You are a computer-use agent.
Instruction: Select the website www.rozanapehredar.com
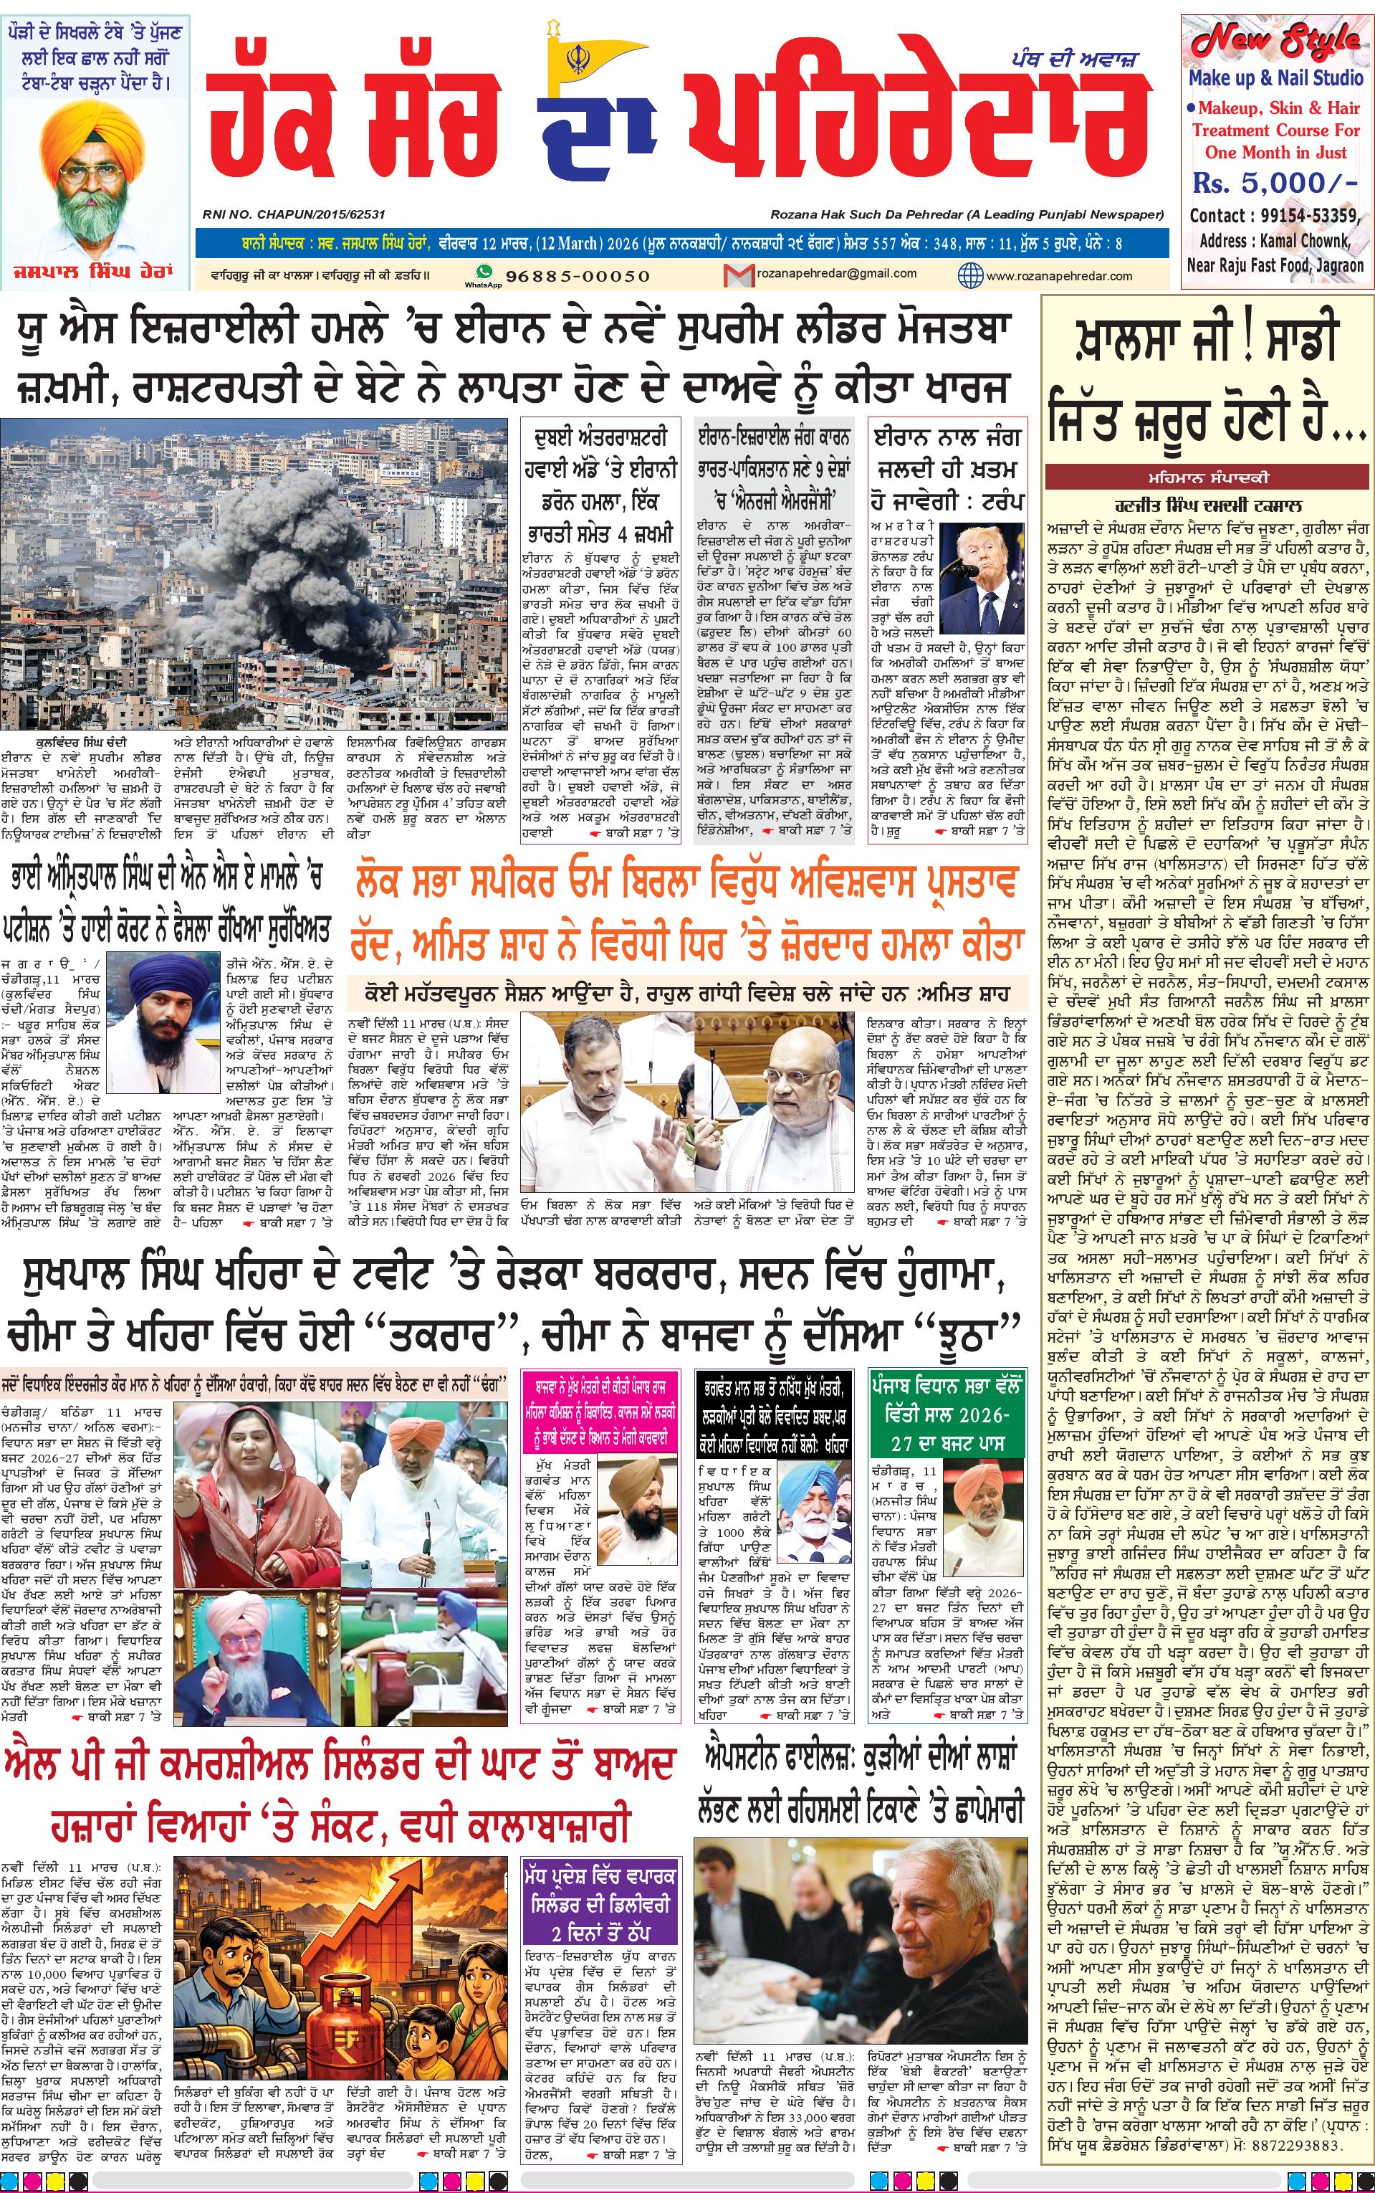(x=1058, y=275)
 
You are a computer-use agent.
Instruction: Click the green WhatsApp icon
(x=484, y=272)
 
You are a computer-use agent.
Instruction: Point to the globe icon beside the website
(x=970, y=275)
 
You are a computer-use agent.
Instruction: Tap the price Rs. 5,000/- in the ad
(x=1274, y=183)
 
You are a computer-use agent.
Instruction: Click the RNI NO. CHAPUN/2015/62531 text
(x=294, y=214)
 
